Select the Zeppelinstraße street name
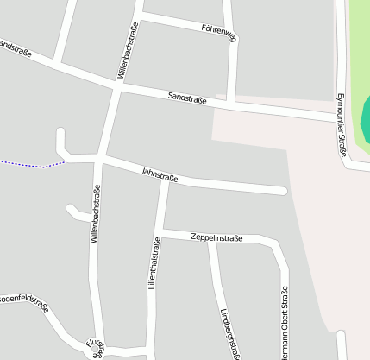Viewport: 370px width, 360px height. [216, 237]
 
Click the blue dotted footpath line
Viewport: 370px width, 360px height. [30, 163]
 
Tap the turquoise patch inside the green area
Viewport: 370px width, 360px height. [366, 121]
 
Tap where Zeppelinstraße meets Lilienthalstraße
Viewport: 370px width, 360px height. [160, 232]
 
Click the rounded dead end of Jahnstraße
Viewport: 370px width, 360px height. [282, 190]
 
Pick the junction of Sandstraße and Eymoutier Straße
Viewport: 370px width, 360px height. [339, 119]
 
